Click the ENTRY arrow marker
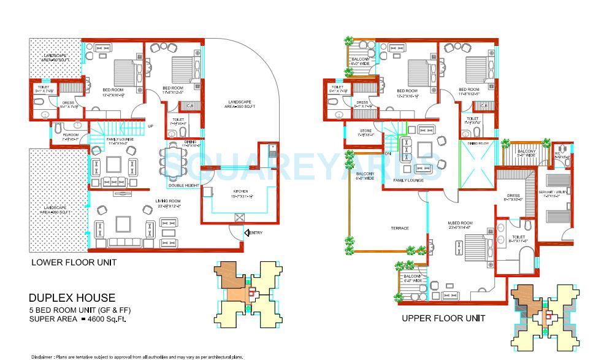click(x=247, y=232)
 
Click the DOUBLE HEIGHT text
click(x=184, y=186)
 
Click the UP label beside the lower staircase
click(x=150, y=126)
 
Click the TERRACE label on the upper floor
click(x=400, y=228)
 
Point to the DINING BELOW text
click(x=478, y=143)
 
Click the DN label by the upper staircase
click(x=388, y=153)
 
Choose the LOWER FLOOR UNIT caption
click(x=74, y=262)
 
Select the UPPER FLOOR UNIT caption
click(x=443, y=318)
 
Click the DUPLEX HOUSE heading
click(x=72, y=298)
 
